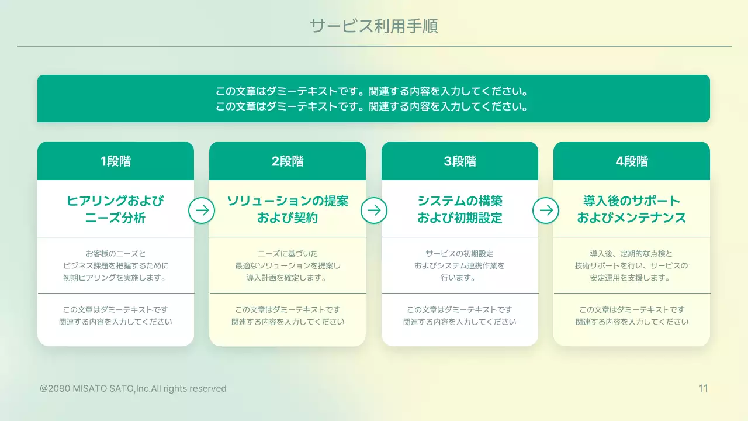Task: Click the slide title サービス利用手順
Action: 373,26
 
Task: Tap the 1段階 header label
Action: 116,161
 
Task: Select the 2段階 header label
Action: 288,161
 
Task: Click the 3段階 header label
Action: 460,161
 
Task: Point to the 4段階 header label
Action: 632,161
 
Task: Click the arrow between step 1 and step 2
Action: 202,210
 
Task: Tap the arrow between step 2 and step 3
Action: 374,210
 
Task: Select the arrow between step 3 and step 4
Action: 546,210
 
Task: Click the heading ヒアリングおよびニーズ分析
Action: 116,209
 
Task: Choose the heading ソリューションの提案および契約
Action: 288,209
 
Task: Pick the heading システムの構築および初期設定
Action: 460,209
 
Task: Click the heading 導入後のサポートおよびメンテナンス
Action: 632,209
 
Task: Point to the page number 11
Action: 704,388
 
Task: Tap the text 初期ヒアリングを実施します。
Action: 116,278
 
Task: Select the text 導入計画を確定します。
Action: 288,278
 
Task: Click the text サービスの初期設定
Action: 460,254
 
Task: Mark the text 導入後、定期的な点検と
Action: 632,254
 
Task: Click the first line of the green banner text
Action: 373,92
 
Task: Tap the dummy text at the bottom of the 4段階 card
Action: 632,316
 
